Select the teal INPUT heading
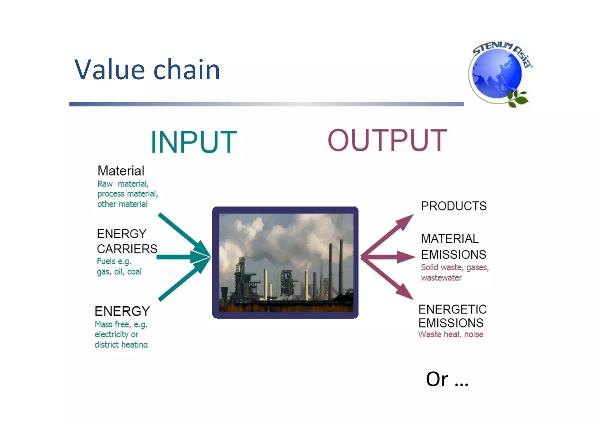[x=194, y=142]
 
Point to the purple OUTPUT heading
[x=387, y=140]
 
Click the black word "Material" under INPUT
[x=121, y=171]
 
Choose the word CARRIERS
[x=127, y=249]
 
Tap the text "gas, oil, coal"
[x=119, y=272]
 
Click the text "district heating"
[x=121, y=344]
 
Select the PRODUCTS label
[x=454, y=206]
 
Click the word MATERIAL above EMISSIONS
[x=450, y=239]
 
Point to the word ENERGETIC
[x=452, y=309]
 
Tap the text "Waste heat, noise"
[x=451, y=334]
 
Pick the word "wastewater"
[x=441, y=278]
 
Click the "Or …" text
[x=447, y=379]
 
